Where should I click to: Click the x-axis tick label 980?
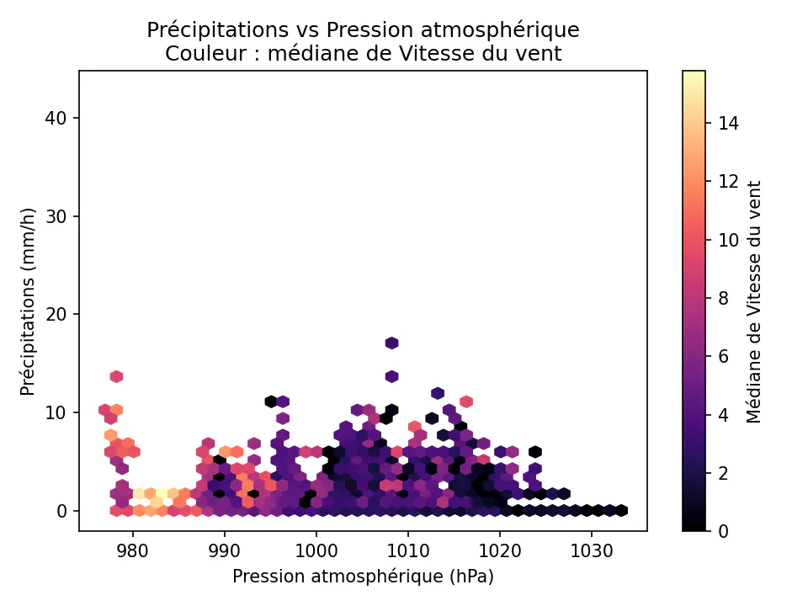pyautogui.click(x=131, y=552)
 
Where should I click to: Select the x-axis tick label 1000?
pyautogui.click(x=316, y=552)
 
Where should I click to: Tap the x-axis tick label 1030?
pyautogui.click(x=592, y=552)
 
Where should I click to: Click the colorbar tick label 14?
pyautogui.click(x=729, y=124)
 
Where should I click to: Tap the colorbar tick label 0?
pyautogui.click(x=725, y=531)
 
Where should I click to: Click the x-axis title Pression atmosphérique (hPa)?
pyautogui.click(x=363, y=577)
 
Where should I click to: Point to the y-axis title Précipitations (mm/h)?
pyautogui.click(x=29, y=300)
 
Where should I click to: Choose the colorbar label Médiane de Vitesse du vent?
pyautogui.click(x=754, y=300)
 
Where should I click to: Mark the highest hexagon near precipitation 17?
pyautogui.click(x=391, y=343)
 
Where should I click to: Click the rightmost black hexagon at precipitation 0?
pyautogui.click(x=621, y=510)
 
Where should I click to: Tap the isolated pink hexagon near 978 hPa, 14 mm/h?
pyautogui.click(x=116, y=376)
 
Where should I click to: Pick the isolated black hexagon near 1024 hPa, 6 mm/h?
pyautogui.click(x=534, y=452)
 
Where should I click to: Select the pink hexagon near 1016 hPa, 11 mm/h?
pyautogui.click(x=466, y=401)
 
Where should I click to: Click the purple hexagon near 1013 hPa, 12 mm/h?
pyautogui.click(x=438, y=393)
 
